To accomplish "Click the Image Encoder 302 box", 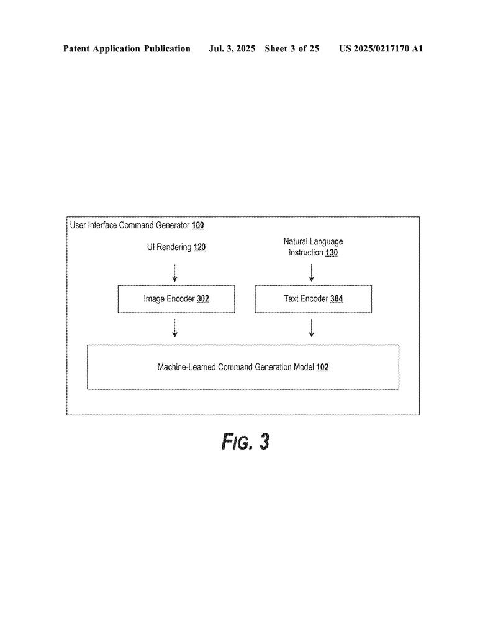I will [x=176, y=299].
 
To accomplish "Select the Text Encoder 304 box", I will [x=313, y=299].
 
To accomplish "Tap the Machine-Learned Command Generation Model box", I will [x=243, y=367].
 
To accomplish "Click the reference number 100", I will [x=197, y=226].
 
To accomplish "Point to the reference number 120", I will [x=199, y=247].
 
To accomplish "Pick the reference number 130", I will [x=332, y=253].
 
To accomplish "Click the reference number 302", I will [x=202, y=299].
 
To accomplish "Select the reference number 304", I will [x=337, y=299].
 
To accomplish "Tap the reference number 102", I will [x=322, y=367].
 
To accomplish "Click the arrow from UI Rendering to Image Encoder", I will [x=175, y=272].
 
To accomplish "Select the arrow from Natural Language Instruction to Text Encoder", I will [x=312, y=272].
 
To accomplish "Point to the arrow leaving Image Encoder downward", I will [x=175, y=328].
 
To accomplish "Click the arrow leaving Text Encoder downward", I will [x=312, y=328].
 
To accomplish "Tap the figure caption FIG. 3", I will [x=245, y=442].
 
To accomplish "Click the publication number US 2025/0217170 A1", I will [x=381, y=48].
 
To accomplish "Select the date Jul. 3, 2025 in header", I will [x=232, y=48].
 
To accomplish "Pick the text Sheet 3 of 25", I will [x=292, y=48].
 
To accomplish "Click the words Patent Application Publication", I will [x=127, y=48].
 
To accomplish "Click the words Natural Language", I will [x=313, y=241].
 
